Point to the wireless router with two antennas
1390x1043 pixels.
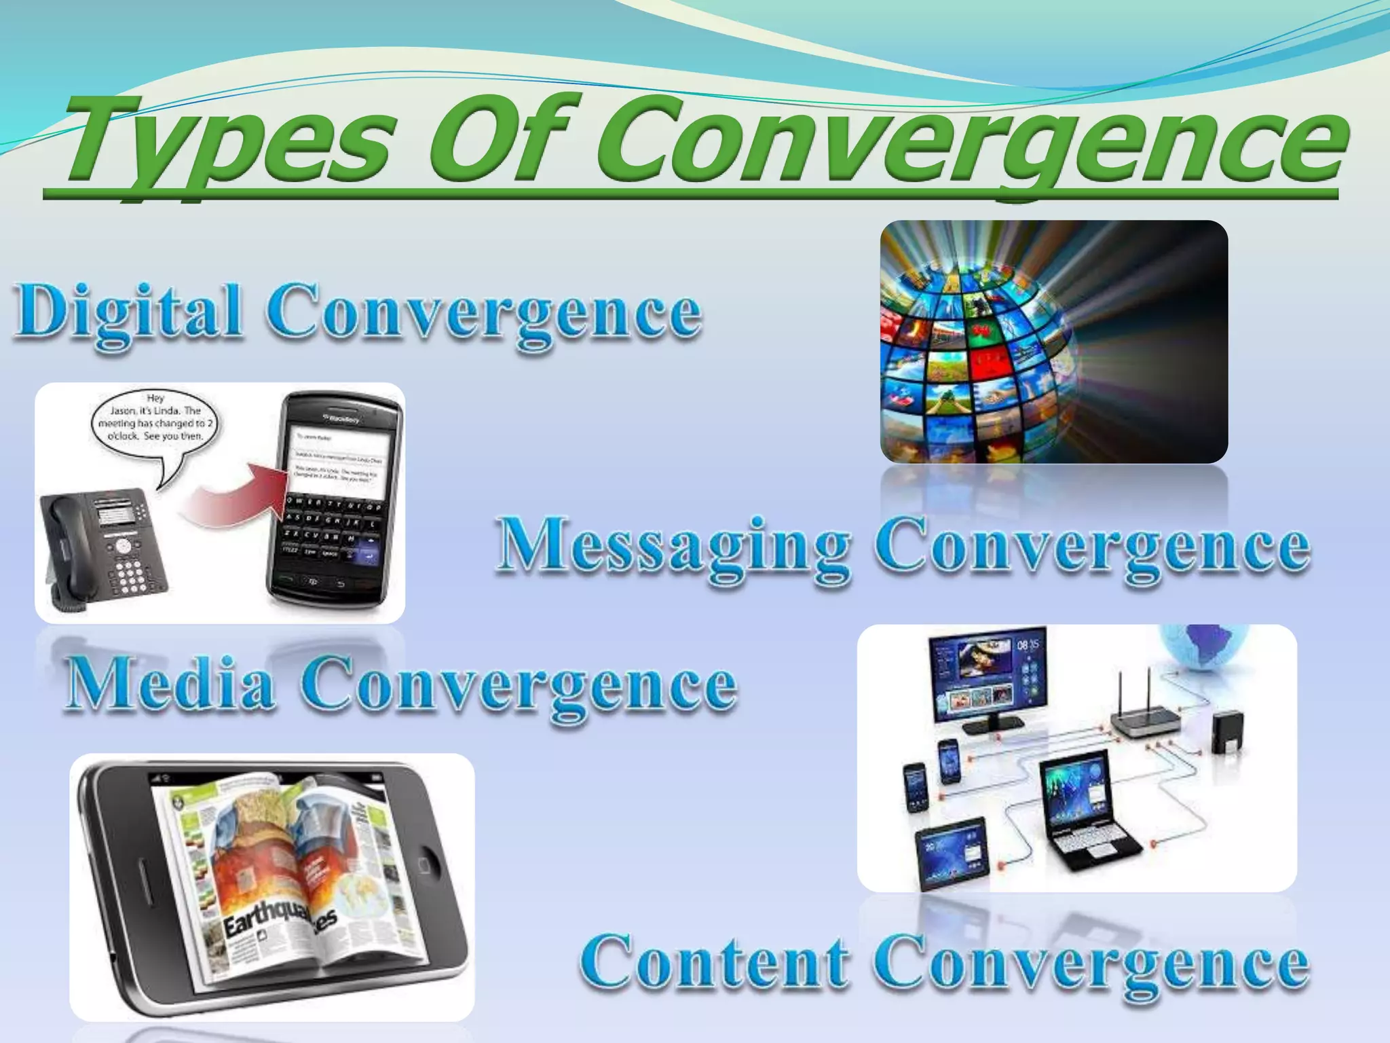1147,720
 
